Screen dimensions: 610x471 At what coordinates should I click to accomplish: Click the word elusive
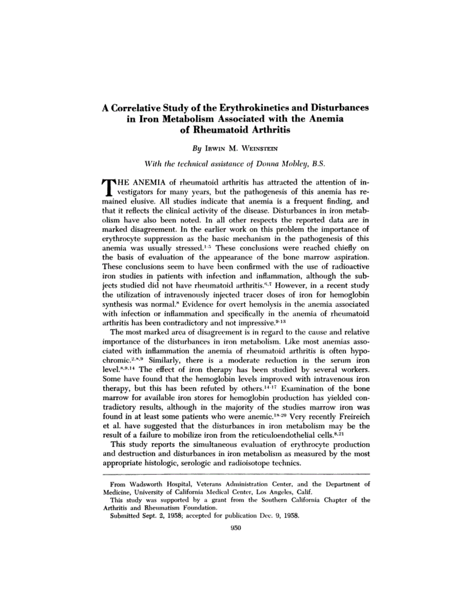[134, 201]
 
